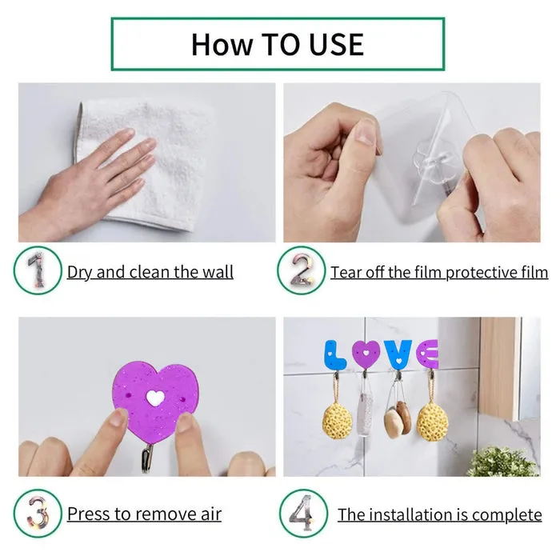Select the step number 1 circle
coord(37,271)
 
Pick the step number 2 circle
coord(301,271)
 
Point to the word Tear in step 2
coord(346,272)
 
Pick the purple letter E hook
coord(427,354)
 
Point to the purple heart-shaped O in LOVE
coord(366,353)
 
